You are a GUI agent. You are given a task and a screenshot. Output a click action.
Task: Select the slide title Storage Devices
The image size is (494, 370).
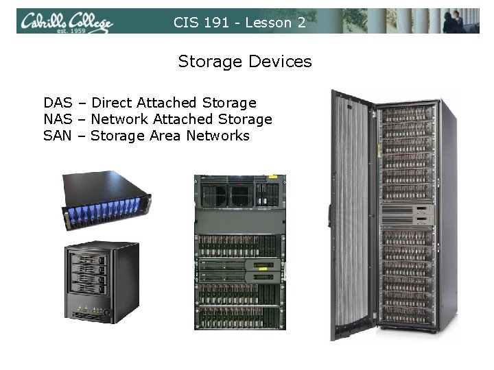coord(245,62)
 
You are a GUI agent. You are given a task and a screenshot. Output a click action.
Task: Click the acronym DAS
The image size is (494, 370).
coord(58,103)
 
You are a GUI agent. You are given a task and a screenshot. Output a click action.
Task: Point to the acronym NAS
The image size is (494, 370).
coord(58,119)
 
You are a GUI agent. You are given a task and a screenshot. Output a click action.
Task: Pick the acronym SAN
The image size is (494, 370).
coord(58,136)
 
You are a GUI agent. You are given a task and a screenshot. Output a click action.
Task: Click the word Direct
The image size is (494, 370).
coord(112,103)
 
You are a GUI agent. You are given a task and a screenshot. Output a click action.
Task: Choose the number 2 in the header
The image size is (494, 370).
coord(301,23)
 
